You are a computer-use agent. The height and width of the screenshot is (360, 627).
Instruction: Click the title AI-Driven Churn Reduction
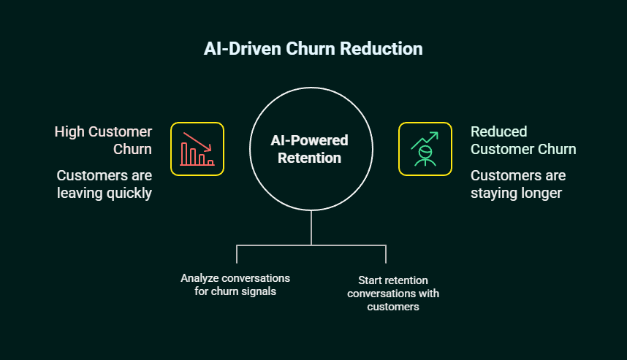[313, 49]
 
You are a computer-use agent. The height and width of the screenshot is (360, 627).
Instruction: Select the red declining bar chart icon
[197, 149]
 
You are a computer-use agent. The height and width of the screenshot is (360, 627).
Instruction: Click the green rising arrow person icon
[425, 149]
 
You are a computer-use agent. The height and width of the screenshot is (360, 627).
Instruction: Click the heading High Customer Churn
[103, 140]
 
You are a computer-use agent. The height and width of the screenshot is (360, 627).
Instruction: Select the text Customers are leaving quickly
[104, 184]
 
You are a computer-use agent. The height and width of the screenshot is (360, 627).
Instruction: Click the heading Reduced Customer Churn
[523, 140]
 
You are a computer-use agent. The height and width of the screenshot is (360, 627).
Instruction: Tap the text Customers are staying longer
[518, 184]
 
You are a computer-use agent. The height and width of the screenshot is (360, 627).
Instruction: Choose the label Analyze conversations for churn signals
[235, 285]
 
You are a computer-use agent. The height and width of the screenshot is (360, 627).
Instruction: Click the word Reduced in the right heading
[498, 131]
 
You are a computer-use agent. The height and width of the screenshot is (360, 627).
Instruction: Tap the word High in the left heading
[69, 131]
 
